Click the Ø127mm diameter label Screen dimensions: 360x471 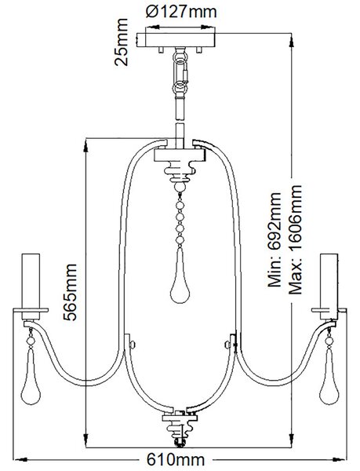(x=181, y=12)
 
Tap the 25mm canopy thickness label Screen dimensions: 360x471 (x=121, y=42)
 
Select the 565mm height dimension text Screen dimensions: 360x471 (x=70, y=292)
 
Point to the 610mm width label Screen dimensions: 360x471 (x=176, y=459)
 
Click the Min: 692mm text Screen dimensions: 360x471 (x=275, y=240)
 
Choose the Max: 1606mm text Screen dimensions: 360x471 (x=295, y=239)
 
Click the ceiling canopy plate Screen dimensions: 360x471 (x=176, y=40)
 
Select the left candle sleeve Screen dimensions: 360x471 (x=31, y=287)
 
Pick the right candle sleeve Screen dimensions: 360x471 (x=329, y=287)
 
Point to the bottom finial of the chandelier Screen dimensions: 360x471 (x=180, y=429)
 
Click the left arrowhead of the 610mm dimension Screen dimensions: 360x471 (x=20, y=459)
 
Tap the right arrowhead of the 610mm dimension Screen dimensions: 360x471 (x=340, y=459)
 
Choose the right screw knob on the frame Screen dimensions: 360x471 (x=227, y=344)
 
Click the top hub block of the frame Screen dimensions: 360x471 (x=180, y=155)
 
